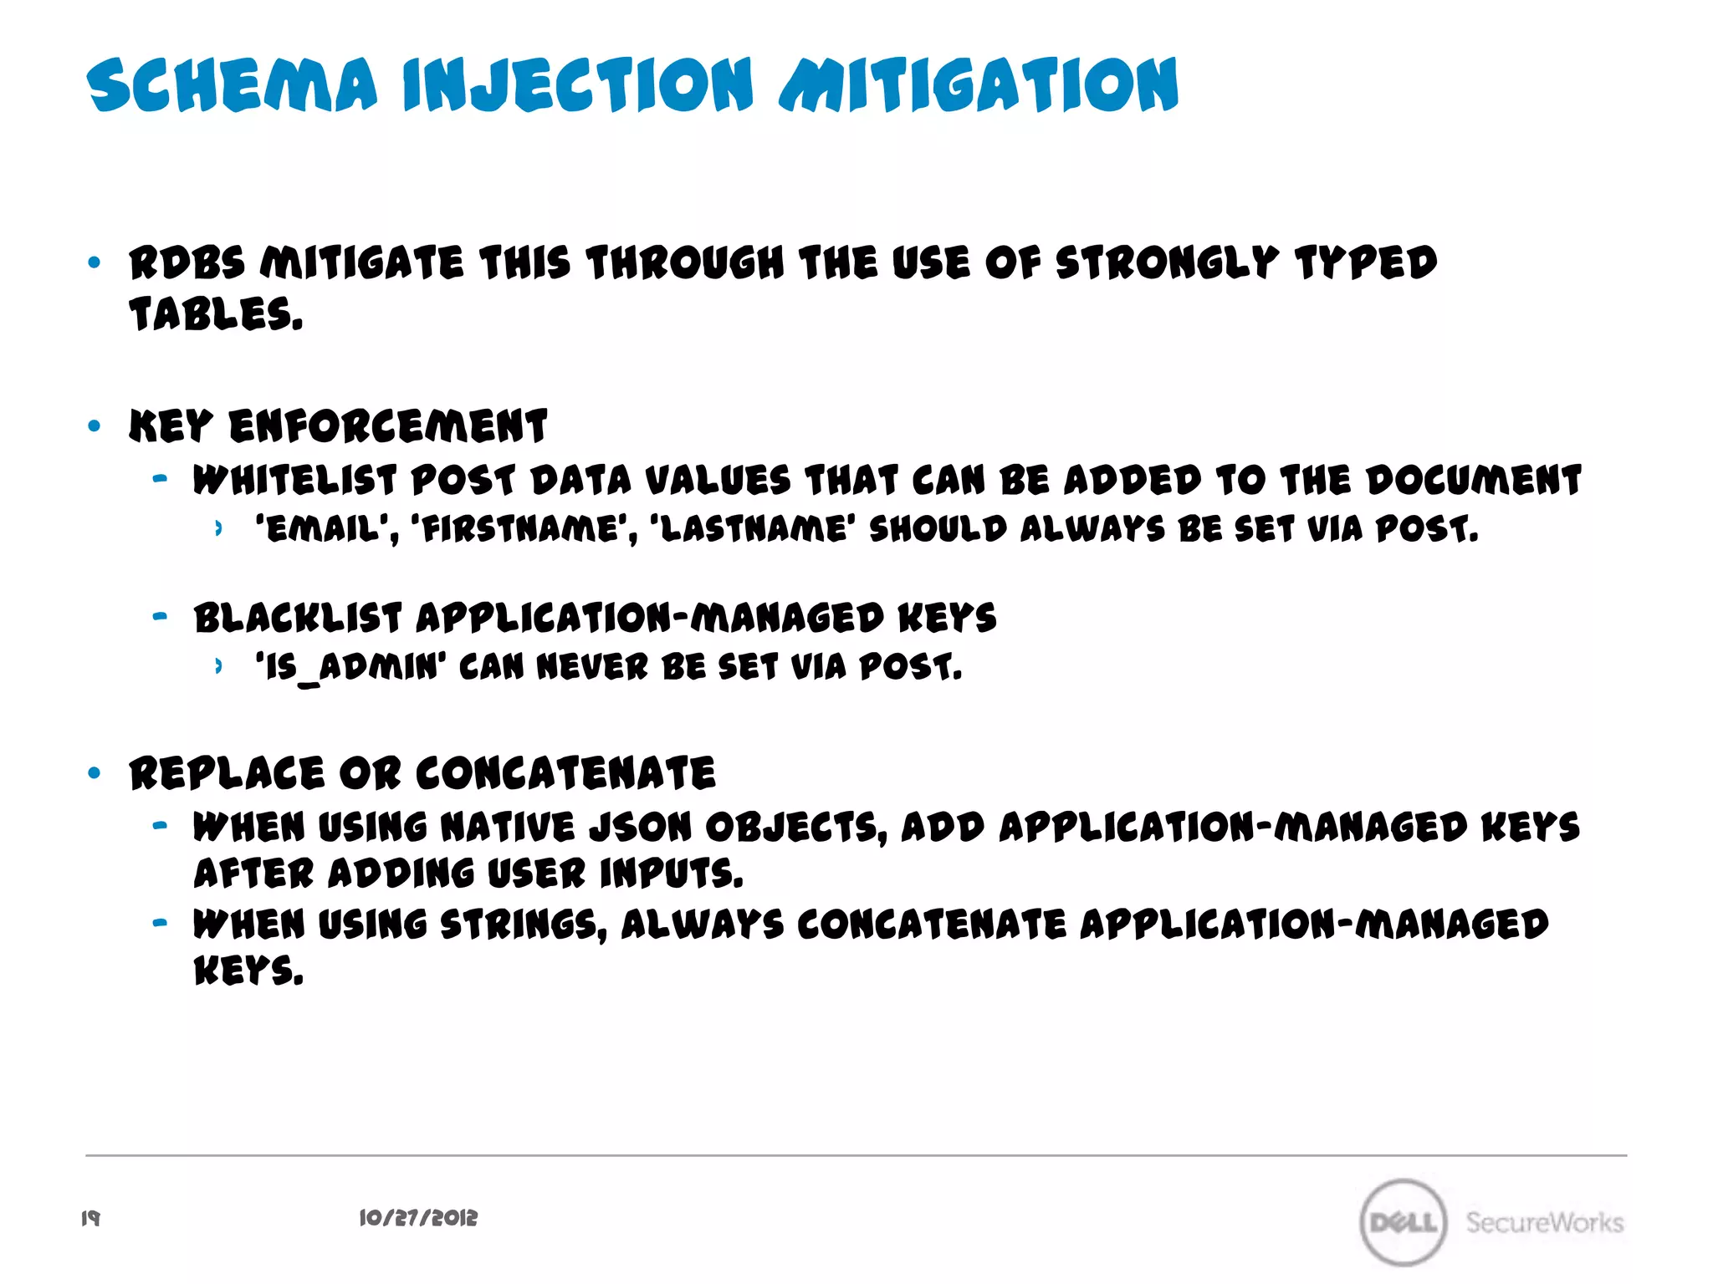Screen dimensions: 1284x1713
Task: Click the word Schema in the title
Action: coord(233,85)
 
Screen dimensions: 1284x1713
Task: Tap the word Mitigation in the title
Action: coord(979,85)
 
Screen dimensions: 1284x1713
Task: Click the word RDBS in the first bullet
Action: coord(187,263)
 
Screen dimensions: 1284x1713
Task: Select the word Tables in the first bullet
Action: coord(215,315)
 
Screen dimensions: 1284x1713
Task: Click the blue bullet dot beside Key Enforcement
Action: coord(94,426)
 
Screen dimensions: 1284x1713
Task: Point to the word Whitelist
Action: coord(294,481)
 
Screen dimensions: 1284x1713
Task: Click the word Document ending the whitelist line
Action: coord(1474,481)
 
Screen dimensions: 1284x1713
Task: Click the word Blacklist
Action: coord(298,619)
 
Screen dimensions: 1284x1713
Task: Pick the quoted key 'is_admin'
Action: coord(350,667)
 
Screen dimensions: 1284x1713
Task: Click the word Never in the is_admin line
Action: coord(592,667)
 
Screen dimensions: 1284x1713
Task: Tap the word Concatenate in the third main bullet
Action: coord(565,773)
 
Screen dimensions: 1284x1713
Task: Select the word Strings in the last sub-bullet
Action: coord(523,925)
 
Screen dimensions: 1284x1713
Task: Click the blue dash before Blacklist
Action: coord(160,618)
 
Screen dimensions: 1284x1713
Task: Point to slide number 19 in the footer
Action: coord(90,1219)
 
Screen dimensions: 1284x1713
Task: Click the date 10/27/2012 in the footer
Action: coord(418,1219)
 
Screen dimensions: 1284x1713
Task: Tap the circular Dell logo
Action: coord(1403,1222)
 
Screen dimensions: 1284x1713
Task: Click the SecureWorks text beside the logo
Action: coord(1544,1222)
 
